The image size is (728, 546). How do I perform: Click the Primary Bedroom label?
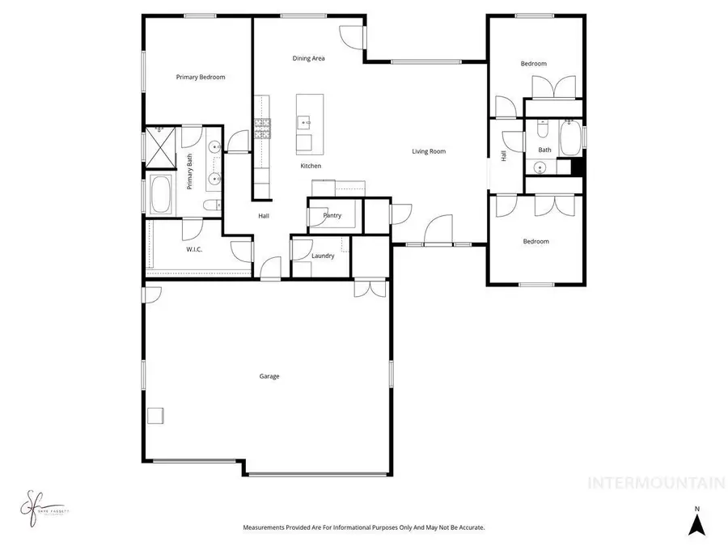[201, 78]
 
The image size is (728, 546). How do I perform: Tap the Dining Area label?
[308, 58]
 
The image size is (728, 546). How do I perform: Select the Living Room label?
[429, 151]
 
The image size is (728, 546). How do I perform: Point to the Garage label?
[269, 376]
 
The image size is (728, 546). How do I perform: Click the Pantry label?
[332, 216]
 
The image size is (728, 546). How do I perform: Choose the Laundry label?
[323, 256]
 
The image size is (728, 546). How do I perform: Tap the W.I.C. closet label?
[194, 249]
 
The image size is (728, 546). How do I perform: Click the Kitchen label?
[311, 166]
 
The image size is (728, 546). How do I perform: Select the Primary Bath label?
[190, 171]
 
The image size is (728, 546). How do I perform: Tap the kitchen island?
[309, 124]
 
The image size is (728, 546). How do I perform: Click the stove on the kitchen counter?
[263, 128]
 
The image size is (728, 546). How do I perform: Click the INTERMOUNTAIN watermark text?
[655, 484]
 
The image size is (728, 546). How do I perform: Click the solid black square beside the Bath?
[577, 167]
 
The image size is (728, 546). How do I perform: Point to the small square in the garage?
[154, 415]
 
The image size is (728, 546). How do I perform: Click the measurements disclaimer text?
[364, 527]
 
